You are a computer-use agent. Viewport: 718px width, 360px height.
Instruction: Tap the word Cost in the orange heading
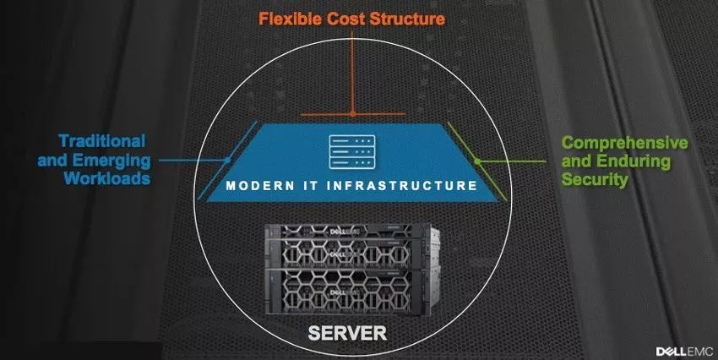(x=345, y=19)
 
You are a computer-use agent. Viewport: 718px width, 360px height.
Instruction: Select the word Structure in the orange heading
(x=407, y=19)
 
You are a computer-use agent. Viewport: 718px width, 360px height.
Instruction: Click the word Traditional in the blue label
(x=102, y=140)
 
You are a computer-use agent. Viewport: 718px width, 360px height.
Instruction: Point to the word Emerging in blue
(x=112, y=161)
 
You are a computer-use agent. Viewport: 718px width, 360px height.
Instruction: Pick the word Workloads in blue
(x=107, y=177)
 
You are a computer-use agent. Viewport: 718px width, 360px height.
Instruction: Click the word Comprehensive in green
(x=624, y=143)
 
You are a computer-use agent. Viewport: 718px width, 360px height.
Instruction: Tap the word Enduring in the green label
(x=634, y=161)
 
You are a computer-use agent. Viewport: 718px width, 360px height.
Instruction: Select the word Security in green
(x=595, y=179)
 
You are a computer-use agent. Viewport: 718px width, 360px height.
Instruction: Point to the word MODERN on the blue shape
(x=260, y=186)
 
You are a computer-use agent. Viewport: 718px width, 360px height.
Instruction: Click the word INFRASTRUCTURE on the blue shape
(x=402, y=186)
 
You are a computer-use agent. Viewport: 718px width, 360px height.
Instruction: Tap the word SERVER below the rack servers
(x=347, y=333)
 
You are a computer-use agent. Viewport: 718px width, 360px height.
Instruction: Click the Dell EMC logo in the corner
(x=684, y=352)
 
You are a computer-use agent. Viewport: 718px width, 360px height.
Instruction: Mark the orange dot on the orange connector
(x=352, y=112)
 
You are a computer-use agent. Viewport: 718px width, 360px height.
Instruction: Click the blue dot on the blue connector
(x=227, y=161)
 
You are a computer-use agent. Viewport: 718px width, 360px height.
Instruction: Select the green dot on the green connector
(x=477, y=161)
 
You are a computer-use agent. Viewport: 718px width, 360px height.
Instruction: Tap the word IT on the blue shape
(x=312, y=186)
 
